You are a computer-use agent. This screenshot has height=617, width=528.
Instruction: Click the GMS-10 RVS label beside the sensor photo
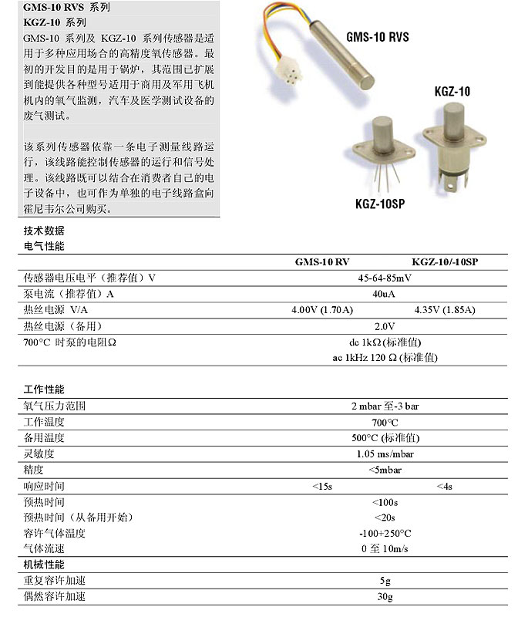point(377,36)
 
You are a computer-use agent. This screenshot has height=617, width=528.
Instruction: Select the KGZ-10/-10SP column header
point(445,262)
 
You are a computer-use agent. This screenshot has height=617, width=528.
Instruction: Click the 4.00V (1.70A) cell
point(321,310)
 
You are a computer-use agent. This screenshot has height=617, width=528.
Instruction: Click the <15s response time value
point(322,486)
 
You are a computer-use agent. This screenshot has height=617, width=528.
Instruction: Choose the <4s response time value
point(444,486)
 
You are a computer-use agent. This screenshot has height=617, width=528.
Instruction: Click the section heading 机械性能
point(44,565)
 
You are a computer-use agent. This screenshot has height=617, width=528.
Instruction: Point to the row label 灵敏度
point(39,453)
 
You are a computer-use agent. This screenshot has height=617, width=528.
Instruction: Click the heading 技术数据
point(44,231)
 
